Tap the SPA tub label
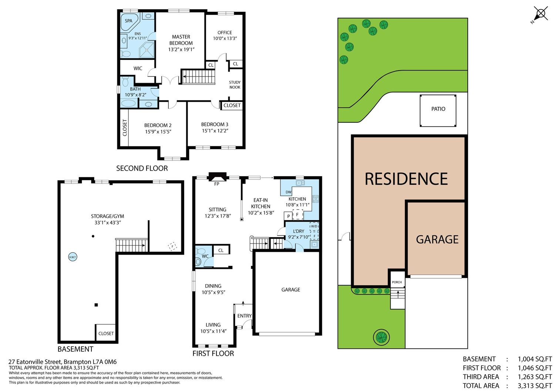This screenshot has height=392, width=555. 128,21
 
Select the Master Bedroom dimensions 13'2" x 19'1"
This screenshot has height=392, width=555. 181,49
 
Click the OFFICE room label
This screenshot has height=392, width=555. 225,33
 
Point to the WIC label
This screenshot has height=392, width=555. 138,68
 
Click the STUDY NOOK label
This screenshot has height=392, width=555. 235,85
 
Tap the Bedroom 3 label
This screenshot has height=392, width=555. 215,124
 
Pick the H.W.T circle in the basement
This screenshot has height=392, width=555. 73,257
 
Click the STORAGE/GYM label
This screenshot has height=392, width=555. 108,216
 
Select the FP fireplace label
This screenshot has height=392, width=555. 216,184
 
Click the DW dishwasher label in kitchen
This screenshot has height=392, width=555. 288,192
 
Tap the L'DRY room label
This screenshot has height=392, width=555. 299,231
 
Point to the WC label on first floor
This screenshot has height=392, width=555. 205,256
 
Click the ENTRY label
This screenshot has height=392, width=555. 244,316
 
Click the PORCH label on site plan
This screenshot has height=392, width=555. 397,282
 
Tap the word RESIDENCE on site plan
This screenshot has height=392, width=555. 406,179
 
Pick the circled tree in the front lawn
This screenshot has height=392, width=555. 381,337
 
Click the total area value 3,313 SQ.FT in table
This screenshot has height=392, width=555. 535,386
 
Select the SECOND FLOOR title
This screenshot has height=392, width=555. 142,168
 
